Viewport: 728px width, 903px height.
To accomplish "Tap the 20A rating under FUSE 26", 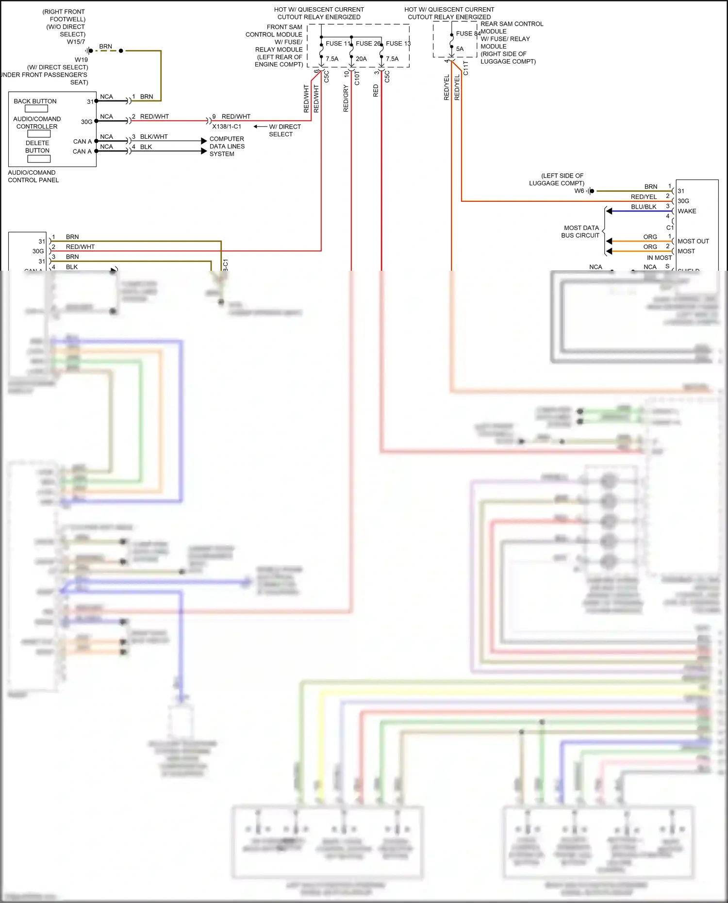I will pos(361,59).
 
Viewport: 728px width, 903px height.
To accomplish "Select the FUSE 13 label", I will pos(398,44).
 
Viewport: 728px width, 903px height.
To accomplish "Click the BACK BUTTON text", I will pos(35,101).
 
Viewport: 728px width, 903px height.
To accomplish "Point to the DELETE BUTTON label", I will pos(37,147).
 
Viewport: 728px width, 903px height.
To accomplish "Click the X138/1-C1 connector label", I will pos(227,127).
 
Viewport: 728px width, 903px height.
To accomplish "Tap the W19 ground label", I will pos(81,60).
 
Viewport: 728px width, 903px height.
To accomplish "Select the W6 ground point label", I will pos(579,191).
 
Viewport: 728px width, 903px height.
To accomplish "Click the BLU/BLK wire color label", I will pos(644,207).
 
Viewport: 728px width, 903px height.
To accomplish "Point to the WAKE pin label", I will pos(687,211).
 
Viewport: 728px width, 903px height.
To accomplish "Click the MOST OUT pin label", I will pos(693,241).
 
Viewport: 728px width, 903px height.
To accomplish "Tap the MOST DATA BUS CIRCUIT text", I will pos(581,231).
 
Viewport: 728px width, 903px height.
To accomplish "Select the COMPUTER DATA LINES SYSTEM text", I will pos(227,146).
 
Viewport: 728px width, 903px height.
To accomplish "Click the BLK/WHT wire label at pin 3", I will pos(154,137).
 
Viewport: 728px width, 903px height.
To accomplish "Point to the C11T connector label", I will pos(466,68).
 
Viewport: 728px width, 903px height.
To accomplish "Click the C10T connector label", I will pos(357,78).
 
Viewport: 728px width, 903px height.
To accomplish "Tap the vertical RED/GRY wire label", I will pos(346,99).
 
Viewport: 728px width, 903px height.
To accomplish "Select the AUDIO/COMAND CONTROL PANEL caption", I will pos(33,176).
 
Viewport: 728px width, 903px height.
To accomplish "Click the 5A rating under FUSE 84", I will pos(460,49).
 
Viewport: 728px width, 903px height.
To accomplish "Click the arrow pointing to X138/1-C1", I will pos(260,127).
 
